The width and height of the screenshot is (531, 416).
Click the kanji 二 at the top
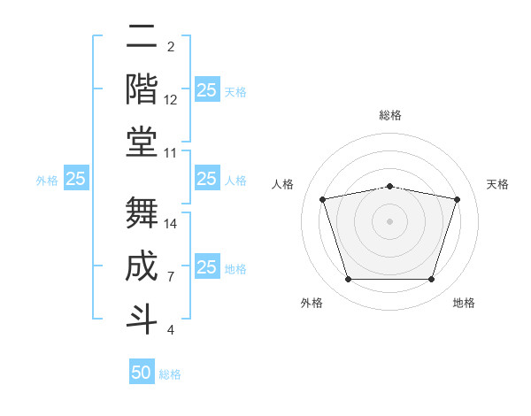coord(142,38)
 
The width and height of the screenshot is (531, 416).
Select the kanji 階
coord(142,89)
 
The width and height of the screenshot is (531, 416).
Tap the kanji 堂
coord(142,142)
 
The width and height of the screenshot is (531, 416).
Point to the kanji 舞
coord(142,212)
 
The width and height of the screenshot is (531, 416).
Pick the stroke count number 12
coord(171,100)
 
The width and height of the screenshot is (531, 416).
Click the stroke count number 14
coord(171,223)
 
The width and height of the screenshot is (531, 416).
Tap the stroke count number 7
coord(170,277)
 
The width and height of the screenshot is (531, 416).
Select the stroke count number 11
coord(171,153)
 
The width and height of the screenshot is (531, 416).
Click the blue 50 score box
coord(142,373)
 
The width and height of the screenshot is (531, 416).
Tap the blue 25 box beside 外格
coord(76,179)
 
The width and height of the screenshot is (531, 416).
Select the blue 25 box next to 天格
coord(206,89)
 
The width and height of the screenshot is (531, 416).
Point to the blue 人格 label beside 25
coord(235,181)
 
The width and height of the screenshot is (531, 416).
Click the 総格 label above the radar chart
coord(389,115)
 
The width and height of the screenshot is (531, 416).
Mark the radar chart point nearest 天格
coord(457,200)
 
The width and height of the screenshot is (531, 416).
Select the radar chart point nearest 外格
coord(348,280)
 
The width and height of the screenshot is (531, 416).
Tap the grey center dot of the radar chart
coord(389,221)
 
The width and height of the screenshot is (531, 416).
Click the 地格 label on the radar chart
coord(464,304)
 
